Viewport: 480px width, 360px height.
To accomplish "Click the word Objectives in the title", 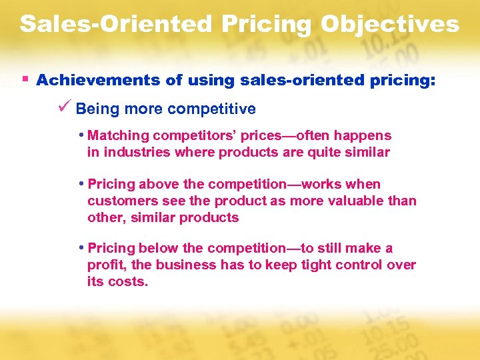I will click(x=390, y=24).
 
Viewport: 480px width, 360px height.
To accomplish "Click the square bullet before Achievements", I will click(x=25, y=79).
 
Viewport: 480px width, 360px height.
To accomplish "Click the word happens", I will click(x=365, y=136).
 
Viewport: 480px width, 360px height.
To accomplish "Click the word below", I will click(x=158, y=249).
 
